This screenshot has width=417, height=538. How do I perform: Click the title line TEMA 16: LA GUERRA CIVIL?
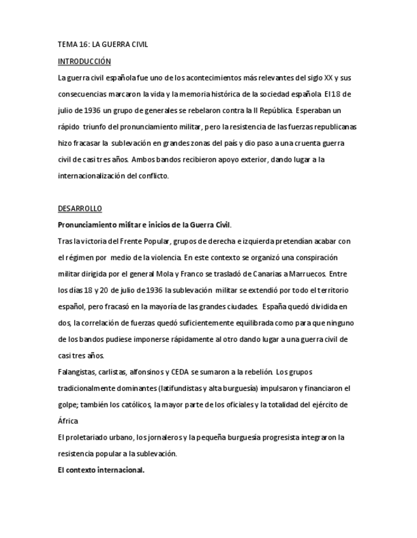click(x=103, y=45)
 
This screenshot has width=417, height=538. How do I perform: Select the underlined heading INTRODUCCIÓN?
click(x=84, y=62)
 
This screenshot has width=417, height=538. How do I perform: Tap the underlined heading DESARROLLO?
click(x=79, y=208)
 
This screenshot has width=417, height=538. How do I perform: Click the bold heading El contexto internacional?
click(x=101, y=470)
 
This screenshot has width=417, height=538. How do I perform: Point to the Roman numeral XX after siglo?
click(x=328, y=78)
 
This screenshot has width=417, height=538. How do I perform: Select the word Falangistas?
click(x=78, y=372)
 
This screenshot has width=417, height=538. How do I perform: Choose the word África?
click(x=68, y=421)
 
